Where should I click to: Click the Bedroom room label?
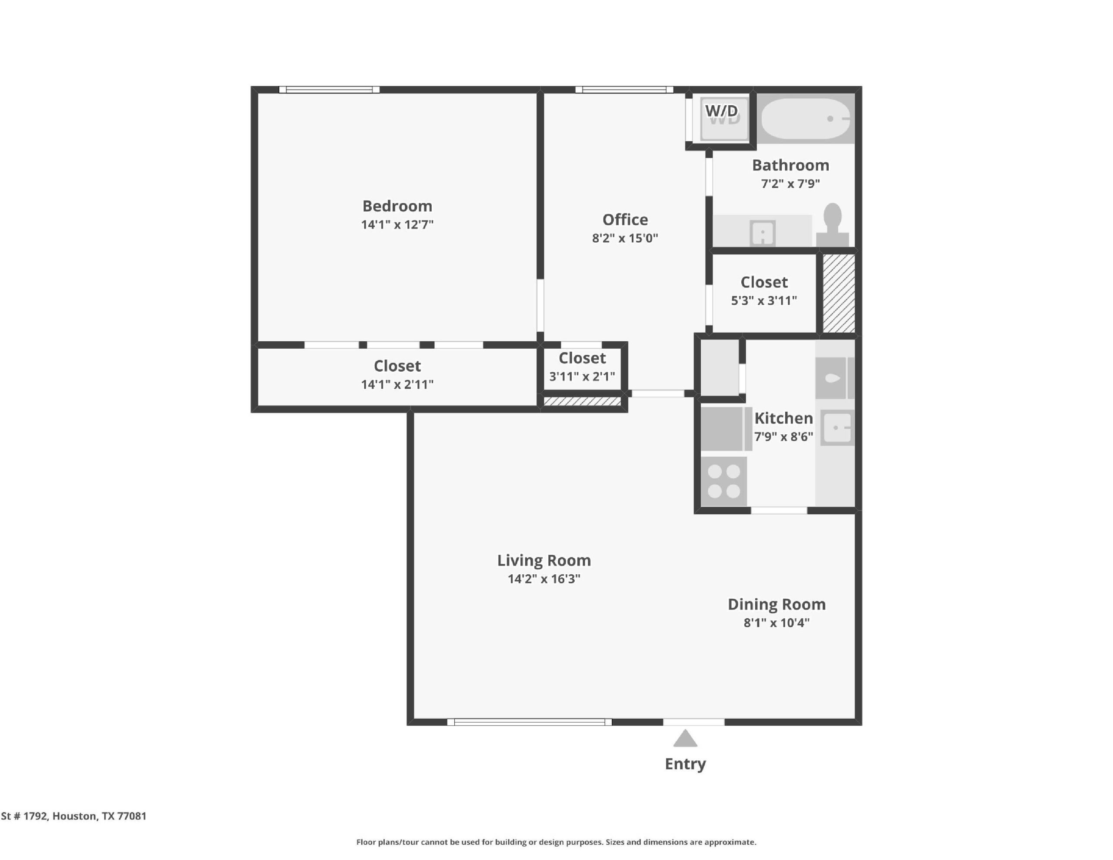point(397,206)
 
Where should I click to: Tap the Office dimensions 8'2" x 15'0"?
point(625,238)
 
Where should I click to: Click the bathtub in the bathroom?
point(806,119)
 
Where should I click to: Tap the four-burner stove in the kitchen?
point(723,481)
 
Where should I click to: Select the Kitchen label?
point(783,418)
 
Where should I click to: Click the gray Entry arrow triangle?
point(685,738)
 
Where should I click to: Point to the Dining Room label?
point(776,604)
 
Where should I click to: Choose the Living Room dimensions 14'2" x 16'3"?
point(544,579)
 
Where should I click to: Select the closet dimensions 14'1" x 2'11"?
point(397,384)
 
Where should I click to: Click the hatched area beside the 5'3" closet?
point(839,293)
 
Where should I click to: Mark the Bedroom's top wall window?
point(329,90)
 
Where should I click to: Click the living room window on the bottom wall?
point(530,722)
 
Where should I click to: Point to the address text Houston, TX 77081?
point(100,816)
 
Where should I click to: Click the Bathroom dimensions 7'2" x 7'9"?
point(790,183)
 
